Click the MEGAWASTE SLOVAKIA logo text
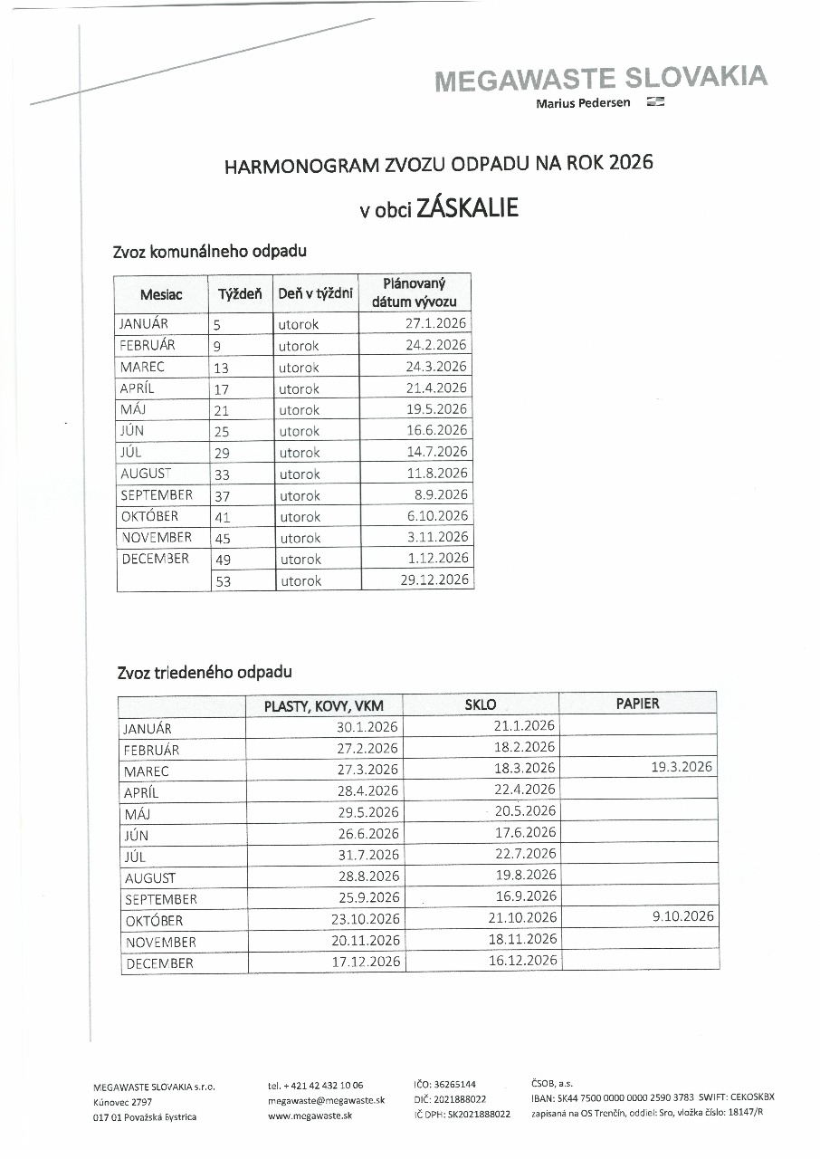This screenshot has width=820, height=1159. point(600,79)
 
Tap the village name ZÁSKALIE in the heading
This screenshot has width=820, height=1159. point(467,208)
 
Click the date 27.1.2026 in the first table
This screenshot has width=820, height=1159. point(436,323)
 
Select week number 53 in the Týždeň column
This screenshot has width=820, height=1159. point(223,581)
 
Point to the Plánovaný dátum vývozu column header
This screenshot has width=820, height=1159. point(415,292)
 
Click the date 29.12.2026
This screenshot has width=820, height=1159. point(434,579)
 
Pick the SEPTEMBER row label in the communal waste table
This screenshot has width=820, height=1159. point(157,495)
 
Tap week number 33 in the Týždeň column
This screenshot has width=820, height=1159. point(222,474)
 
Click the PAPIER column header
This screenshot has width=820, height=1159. point(638,703)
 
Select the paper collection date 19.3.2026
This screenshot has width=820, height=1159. point(682,767)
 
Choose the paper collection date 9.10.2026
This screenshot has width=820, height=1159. point(683,916)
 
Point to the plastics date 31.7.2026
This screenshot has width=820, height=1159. point(367,856)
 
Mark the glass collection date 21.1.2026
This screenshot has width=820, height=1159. point(525,725)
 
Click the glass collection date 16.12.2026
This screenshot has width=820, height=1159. point(523,960)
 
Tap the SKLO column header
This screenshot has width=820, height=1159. point(480,704)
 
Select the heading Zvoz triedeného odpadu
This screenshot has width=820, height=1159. point(205,673)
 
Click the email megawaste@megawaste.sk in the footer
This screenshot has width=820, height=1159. point(327,1100)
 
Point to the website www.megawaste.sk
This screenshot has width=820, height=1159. point(310,1116)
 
